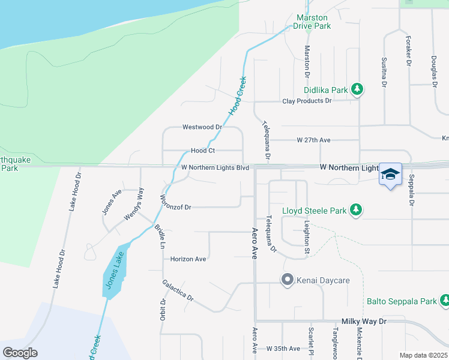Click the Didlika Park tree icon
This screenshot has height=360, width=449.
pyautogui.click(x=357, y=89)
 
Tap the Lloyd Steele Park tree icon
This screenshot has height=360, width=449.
pyautogui.click(x=357, y=210)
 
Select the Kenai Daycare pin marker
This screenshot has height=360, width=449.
pyautogui.click(x=287, y=280)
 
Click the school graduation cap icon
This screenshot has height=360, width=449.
pyautogui.click(x=390, y=174)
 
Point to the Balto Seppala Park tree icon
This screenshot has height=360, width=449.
pyautogui.click(x=445, y=299)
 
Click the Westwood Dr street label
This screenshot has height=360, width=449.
pyautogui.click(x=202, y=127)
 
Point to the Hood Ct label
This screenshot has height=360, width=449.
pyautogui.click(x=203, y=151)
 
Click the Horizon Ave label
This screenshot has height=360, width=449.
pyautogui.click(x=188, y=259)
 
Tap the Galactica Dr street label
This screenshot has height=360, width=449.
pyautogui.click(x=178, y=290)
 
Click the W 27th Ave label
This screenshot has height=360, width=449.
pyautogui.click(x=313, y=140)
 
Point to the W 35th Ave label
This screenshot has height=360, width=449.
pyautogui.click(x=283, y=349)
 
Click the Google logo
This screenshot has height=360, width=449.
pyautogui.click(x=20, y=352)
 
